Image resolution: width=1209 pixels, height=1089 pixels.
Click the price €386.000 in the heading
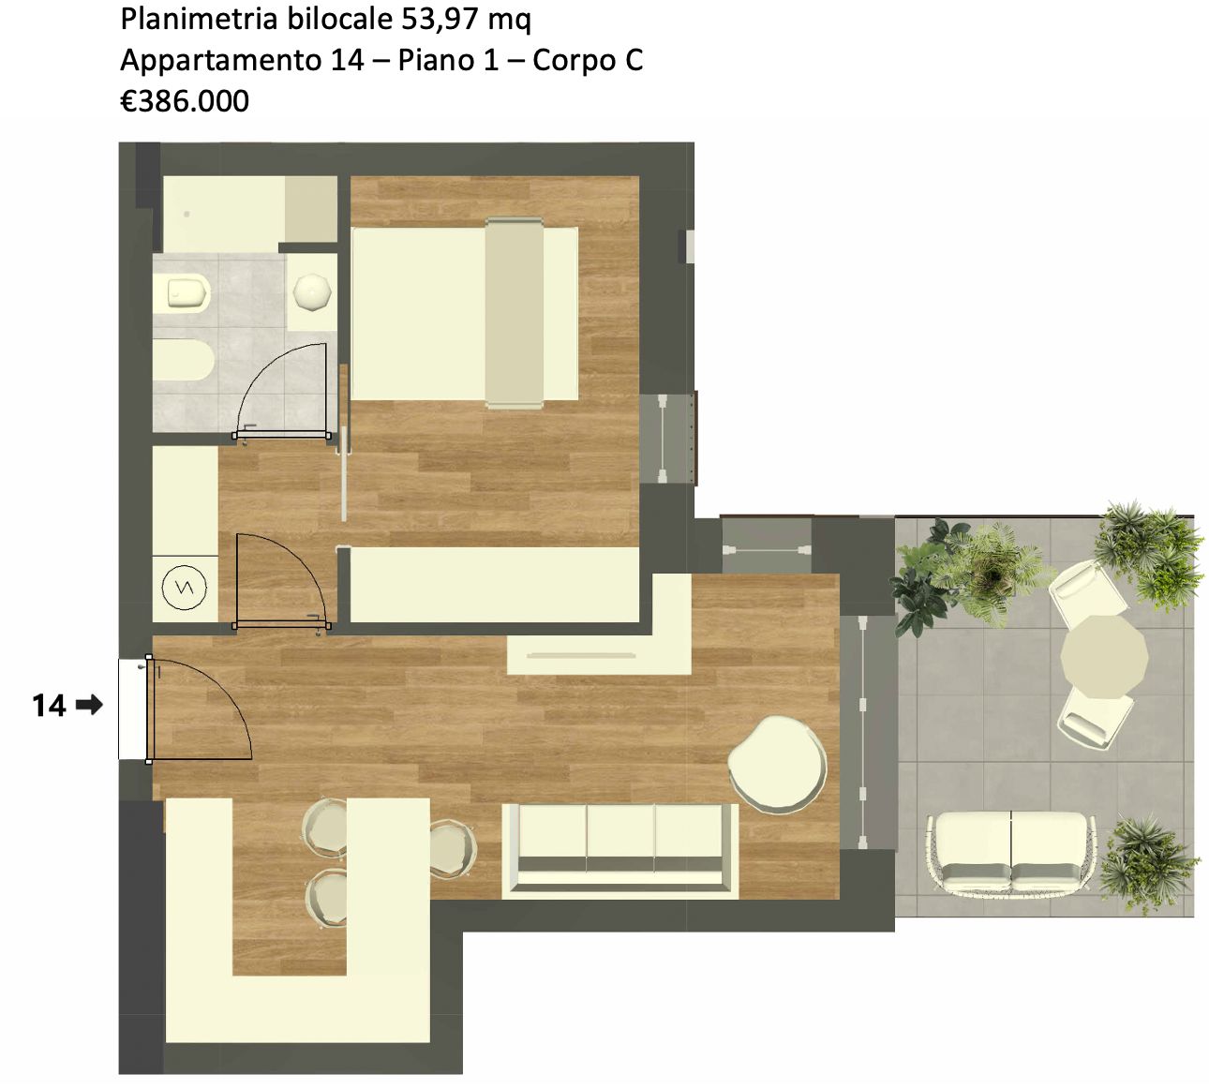point(185,100)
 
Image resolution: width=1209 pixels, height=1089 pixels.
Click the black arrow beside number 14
point(90,704)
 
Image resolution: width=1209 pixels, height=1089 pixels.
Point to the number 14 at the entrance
point(49,705)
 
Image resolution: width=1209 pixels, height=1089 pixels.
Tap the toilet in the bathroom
point(182,294)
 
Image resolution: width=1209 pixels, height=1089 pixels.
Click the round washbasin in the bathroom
point(312,292)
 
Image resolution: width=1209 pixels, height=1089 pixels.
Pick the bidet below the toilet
point(183,360)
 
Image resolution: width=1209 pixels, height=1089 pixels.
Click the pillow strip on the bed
point(515,313)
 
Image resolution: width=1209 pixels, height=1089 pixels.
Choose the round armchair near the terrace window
point(777,764)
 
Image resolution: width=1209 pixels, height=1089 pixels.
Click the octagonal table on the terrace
point(1104,656)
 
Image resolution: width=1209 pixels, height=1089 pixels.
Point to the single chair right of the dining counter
point(454,847)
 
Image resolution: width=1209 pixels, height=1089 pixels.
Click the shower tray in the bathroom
point(250,214)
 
